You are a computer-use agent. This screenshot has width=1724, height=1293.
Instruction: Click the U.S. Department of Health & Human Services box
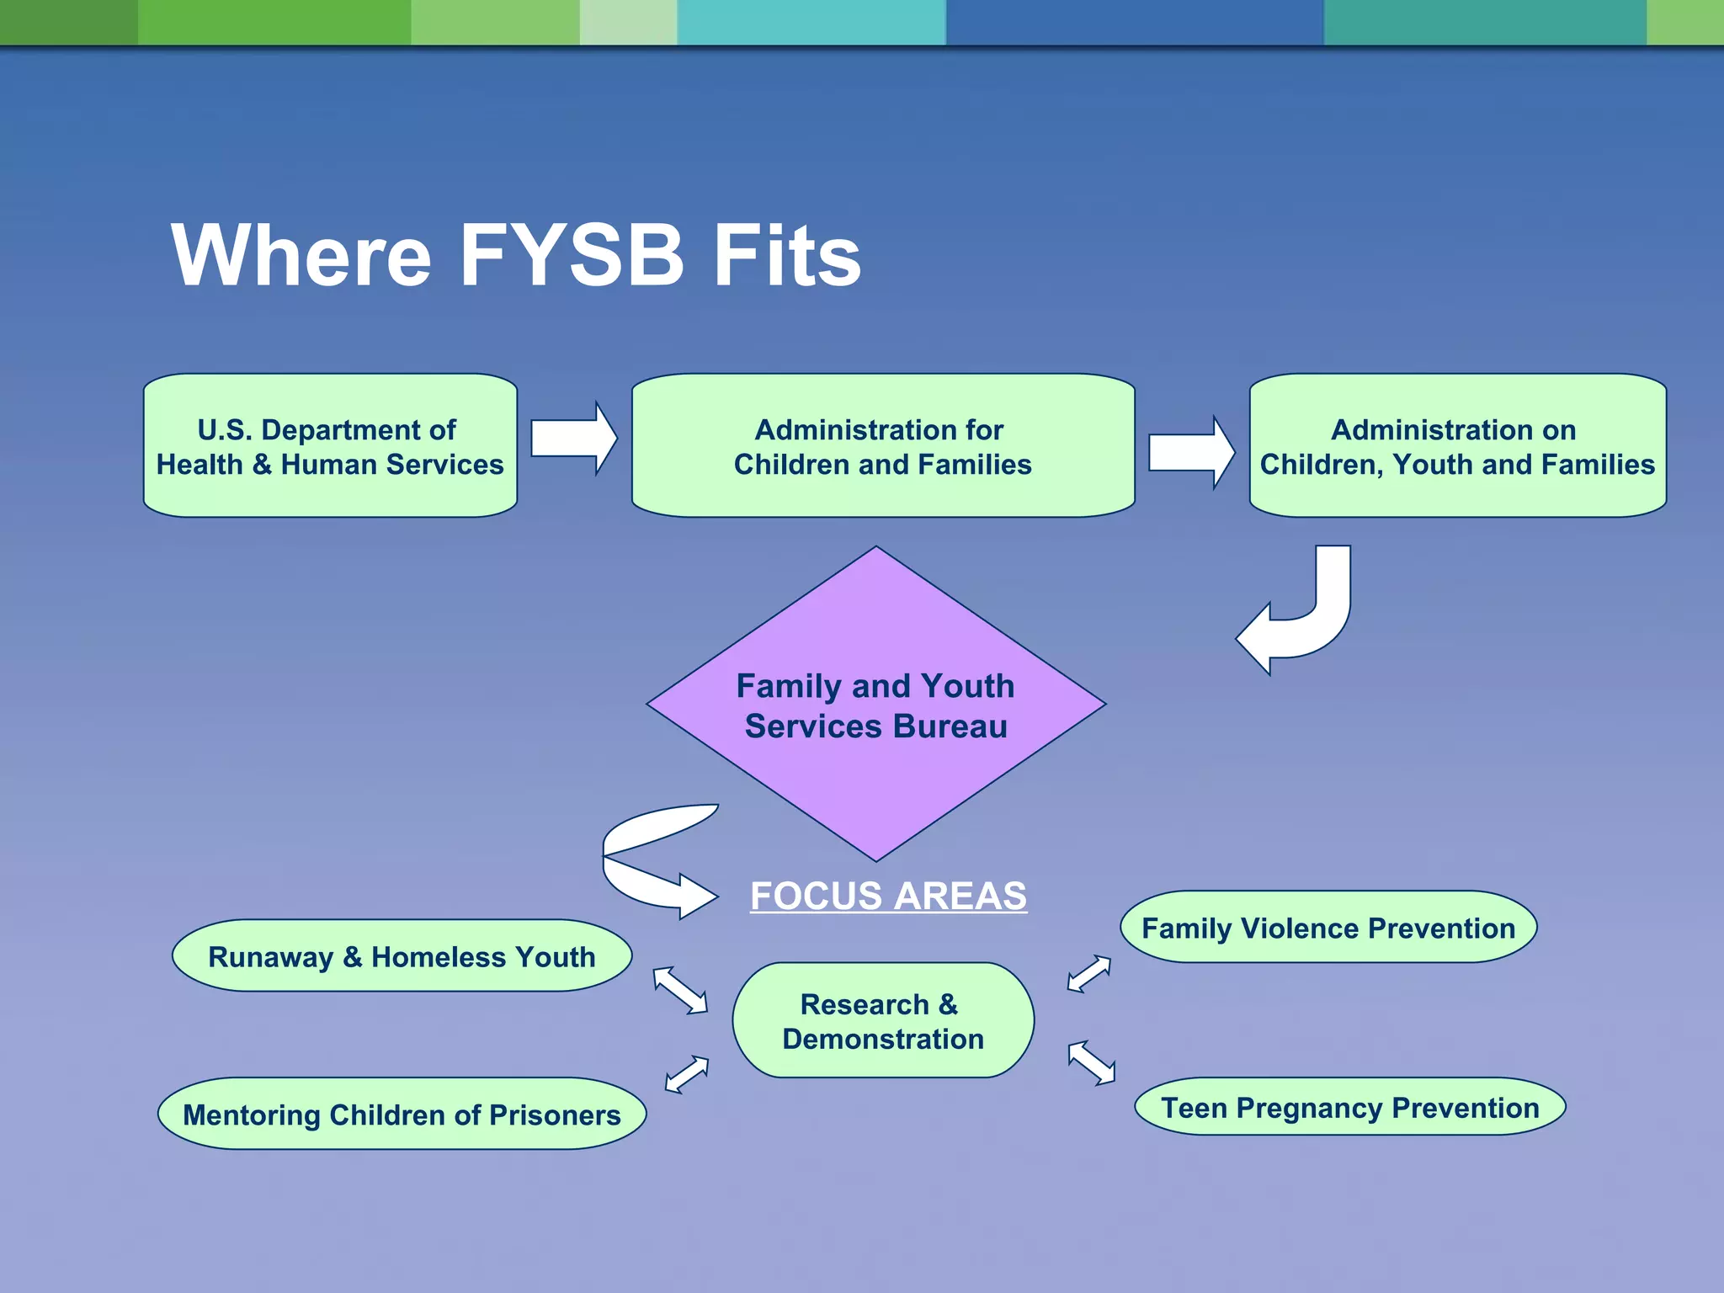point(330,446)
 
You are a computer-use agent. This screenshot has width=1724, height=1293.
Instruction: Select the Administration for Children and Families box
point(882,446)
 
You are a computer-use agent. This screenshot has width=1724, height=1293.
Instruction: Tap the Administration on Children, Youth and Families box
point(1457,446)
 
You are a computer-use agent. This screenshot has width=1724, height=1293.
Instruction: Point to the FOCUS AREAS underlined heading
point(888,896)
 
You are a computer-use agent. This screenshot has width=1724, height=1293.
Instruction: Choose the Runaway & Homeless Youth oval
point(402,956)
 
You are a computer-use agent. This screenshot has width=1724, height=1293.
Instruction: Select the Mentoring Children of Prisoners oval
point(402,1114)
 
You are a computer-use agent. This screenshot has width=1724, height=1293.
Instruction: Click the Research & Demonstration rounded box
point(882,1020)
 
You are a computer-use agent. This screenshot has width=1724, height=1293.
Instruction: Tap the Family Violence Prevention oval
point(1328,928)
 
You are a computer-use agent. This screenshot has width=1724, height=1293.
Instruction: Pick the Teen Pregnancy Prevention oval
point(1349,1107)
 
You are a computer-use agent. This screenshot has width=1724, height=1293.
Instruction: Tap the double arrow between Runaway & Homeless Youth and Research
point(680,990)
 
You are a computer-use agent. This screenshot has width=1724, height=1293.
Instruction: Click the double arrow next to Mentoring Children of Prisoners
point(687,1074)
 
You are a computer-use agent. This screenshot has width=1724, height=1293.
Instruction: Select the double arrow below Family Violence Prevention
point(1088,974)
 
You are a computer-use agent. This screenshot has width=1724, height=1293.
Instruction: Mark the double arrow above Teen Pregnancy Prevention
point(1092,1063)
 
